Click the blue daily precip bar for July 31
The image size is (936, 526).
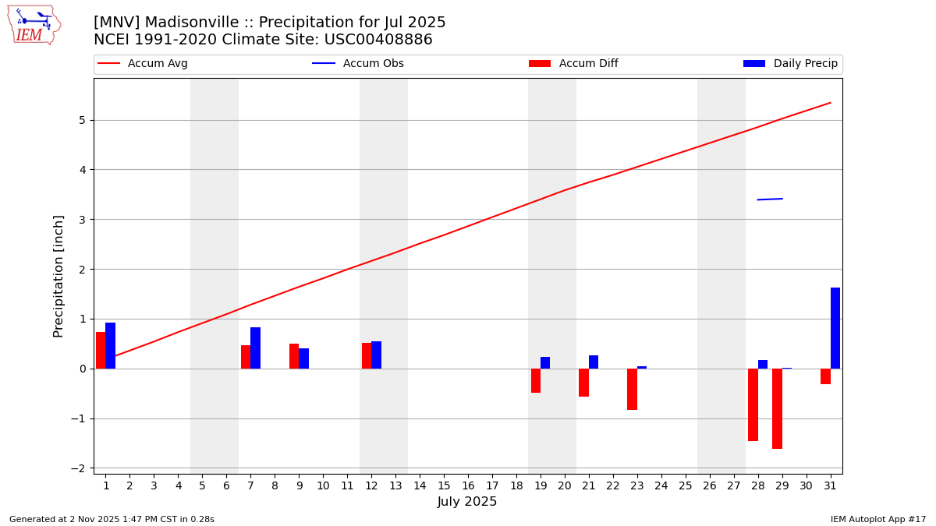click(x=835, y=328)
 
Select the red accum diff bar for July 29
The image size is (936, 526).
click(x=777, y=408)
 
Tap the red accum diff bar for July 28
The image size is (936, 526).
click(x=753, y=404)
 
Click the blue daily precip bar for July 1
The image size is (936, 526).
click(x=110, y=345)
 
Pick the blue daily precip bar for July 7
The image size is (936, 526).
click(x=255, y=348)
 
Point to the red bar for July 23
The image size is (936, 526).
click(x=632, y=389)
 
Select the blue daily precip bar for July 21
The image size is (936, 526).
click(x=594, y=362)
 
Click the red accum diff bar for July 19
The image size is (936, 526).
click(x=536, y=380)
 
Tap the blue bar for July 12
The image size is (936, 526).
click(x=376, y=355)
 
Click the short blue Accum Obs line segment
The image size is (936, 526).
click(x=770, y=199)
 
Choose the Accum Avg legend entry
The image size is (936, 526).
click(x=144, y=64)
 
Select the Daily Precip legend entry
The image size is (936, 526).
click(x=791, y=64)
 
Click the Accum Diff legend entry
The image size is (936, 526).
click(x=574, y=64)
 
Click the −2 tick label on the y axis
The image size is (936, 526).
click(x=77, y=468)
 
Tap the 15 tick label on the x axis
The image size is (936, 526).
click(x=444, y=485)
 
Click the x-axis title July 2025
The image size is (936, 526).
click(x=467, y=502)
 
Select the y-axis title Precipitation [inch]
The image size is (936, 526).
click(x=59, y=276)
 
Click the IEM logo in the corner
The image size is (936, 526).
click(x=34, y=25)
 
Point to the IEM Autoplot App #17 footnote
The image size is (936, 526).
click(x=878, y=519)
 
